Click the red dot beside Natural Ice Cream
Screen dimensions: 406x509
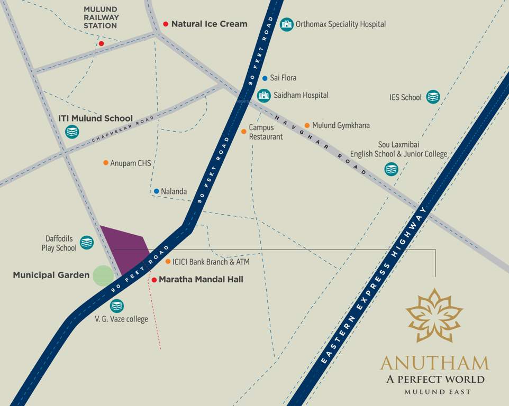[x=166, y=24]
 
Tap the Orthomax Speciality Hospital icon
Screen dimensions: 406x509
[x=286, y=24]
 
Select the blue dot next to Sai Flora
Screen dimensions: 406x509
[x=265, y=78]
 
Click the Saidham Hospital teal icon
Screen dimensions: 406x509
[x=264, y=95]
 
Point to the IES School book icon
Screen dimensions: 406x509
[x=433, y=97]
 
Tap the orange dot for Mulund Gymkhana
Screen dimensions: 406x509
[x=307, y=125]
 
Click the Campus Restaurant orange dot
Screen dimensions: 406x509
[x=243, y=131]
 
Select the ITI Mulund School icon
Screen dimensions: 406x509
[x=72, y=132]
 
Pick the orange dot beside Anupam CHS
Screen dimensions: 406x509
[x=106, y=163]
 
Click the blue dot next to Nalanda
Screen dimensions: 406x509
[x=156, y=191]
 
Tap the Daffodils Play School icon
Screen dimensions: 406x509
[x=86, y=243]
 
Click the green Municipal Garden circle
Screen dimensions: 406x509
[x=103, y=275]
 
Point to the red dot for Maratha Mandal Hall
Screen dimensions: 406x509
[x=154, y=279]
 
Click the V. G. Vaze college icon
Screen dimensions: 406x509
[x=116, y=306]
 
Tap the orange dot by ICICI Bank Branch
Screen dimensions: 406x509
[x=168, y=262]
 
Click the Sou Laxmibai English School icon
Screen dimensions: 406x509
[x=391, y=169]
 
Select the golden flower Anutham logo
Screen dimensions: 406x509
[x=434, y=316]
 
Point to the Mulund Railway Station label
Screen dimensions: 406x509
[x=101, y=17]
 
